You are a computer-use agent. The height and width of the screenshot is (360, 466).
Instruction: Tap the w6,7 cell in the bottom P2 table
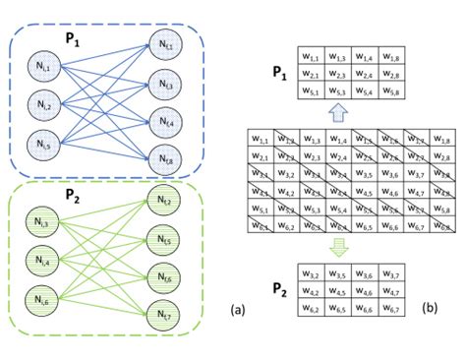coord(396,309)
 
